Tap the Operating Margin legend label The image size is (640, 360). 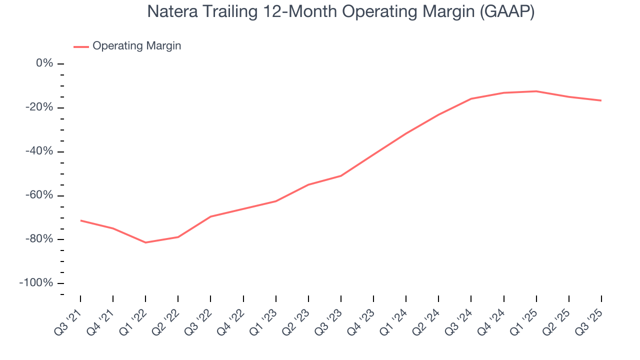click(136, 46)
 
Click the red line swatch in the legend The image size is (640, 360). click(81, 46)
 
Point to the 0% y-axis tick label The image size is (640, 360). click(44, 63)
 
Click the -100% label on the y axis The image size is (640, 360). click(36, 283)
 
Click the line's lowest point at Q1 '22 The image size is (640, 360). click(145, 242)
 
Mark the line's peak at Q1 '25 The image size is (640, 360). click(536, 91)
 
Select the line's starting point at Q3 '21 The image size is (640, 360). click(80, 220)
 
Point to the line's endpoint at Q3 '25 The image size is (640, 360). click(601, 100)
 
